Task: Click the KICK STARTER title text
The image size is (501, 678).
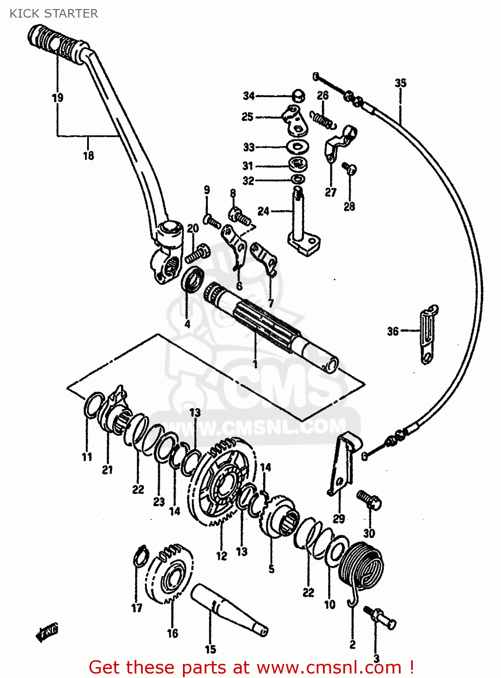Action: click(54, 14)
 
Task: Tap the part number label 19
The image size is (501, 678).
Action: click(57, 98)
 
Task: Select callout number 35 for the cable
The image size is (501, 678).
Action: click(400, 83)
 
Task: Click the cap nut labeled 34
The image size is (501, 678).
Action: click(298, 96)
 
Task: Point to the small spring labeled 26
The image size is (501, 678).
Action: click(322, 119)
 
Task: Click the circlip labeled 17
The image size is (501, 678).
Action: click(141, 556)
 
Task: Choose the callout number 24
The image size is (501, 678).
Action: click(263, 211)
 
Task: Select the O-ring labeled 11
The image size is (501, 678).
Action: click(93, 405)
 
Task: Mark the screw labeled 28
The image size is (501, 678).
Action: click(349, 169)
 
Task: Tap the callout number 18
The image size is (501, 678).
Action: click(89, 155)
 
